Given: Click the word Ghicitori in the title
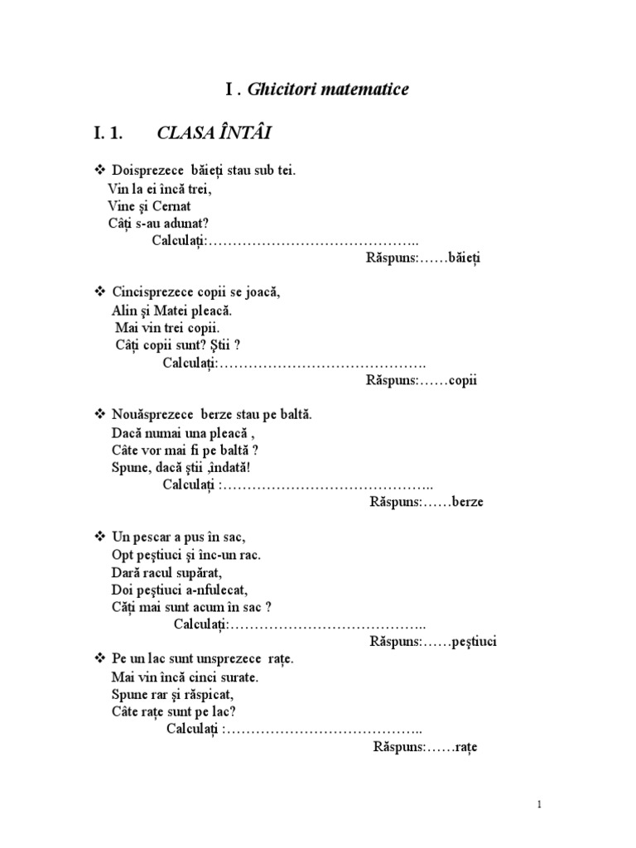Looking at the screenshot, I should point(280,89).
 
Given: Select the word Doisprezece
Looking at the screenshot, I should point(142,171).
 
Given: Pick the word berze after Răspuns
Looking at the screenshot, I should point(468,501).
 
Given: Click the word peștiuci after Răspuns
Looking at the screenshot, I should point(475,641).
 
